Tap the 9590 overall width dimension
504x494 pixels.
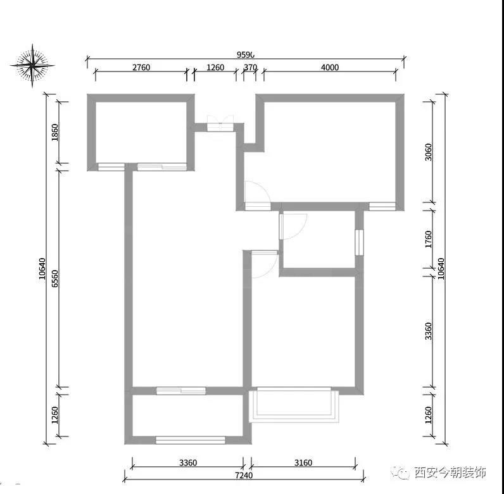click(x=246, y=55)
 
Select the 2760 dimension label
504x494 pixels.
click(x=141, y=68)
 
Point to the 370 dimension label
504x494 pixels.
click(x=249, y=68)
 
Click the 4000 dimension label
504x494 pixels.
click(x=330, y=68)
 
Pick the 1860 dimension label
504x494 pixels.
click(x=55, y=133)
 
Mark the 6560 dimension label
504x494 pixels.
click(x=55, y=278)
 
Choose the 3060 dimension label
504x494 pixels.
click(x=429, y=152)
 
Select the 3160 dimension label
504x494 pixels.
click(x=303, y=462)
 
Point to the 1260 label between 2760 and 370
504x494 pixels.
click(x=215, y=68)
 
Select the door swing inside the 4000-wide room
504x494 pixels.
click(x=256, y=193)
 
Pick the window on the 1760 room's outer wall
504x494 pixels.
click(x=359, y=242)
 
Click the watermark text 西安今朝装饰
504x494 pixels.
click(x=450, y=472)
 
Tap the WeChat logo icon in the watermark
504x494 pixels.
click(x=401, y=472)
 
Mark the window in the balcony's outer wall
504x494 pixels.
click(x=191, y=440)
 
